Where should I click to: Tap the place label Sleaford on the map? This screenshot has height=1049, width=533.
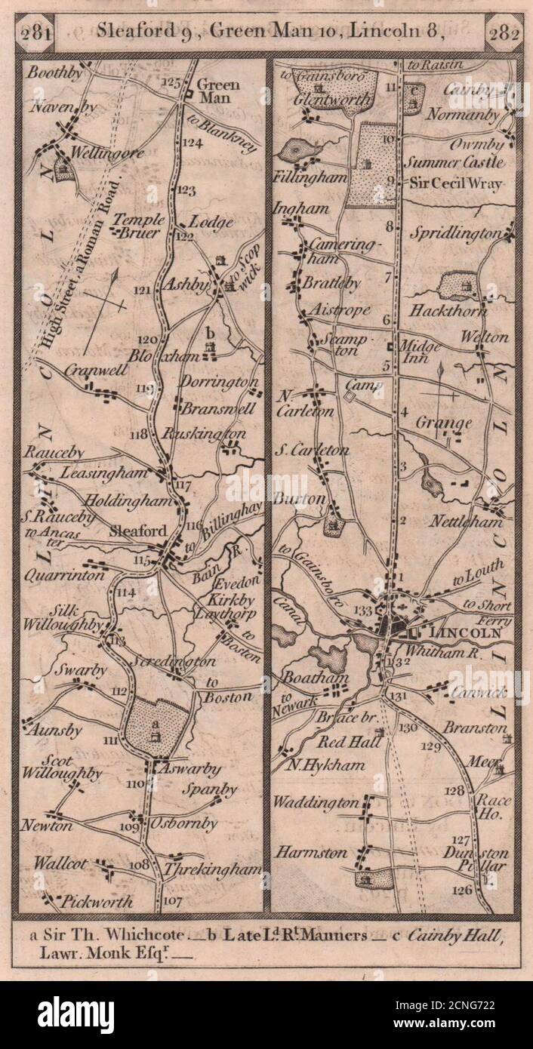point(137,531)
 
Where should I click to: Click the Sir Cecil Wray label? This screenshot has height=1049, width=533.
point(456,182)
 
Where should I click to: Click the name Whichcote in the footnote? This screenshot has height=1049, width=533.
point(140,937)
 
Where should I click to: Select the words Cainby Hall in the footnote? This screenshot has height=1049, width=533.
point(454,937)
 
